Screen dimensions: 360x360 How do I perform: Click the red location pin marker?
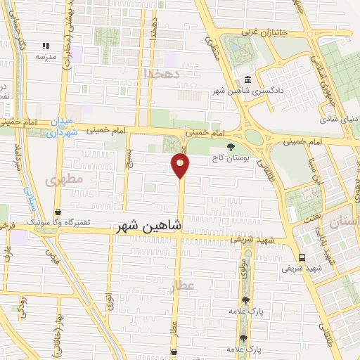[x=181, y=166]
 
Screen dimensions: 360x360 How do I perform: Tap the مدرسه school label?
[x=46, y=56]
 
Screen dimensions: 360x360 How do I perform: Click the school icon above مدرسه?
[x=46, y=46]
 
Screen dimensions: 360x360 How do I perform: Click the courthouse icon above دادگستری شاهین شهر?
[x=247, y=80]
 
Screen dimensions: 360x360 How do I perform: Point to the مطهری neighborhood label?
[x=64, y=180]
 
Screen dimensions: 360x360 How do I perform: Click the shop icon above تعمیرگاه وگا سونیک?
[x=57, y=211]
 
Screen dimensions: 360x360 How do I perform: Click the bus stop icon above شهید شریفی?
[x=301, y=257]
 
